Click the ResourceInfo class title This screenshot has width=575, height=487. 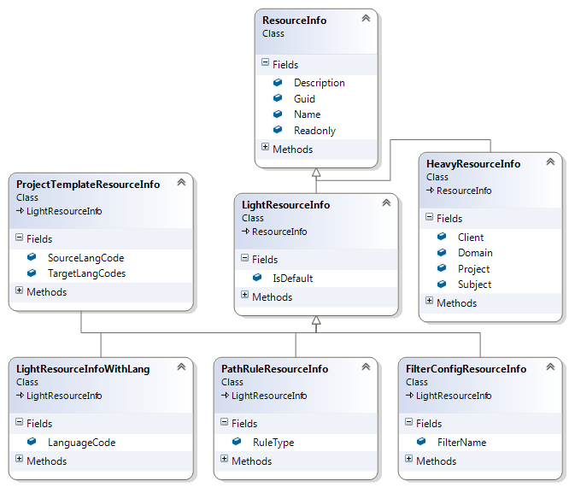(x=294, y=19)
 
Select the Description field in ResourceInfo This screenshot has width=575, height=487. (x=319, y=83)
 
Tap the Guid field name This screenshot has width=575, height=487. (x=304, y=99)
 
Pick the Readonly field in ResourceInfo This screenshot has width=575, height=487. (x=314, y=131)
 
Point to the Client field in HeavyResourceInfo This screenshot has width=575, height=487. (x=470, y=238)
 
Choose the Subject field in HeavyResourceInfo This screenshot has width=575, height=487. (x=474, y=285)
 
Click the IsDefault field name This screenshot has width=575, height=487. (x=292, y=279)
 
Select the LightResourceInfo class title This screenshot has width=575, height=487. (x=285, y=205)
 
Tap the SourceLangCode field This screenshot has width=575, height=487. (x=86, y=258)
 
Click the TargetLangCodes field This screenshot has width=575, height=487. (x=86, y=273)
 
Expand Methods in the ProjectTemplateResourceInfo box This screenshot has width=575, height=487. (x=20, y=291)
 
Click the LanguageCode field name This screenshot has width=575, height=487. (x=81, y=443)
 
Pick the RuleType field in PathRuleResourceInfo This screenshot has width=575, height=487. (x=273, y=443)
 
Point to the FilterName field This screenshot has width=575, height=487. (x=461, y=443)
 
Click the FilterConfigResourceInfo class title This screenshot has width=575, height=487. (x=466, y=369)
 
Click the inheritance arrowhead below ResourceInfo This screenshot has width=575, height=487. (x=316, y=173)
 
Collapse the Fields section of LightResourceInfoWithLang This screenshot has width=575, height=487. (x=20, y=423)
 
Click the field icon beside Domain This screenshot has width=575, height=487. (x=442, y=253)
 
